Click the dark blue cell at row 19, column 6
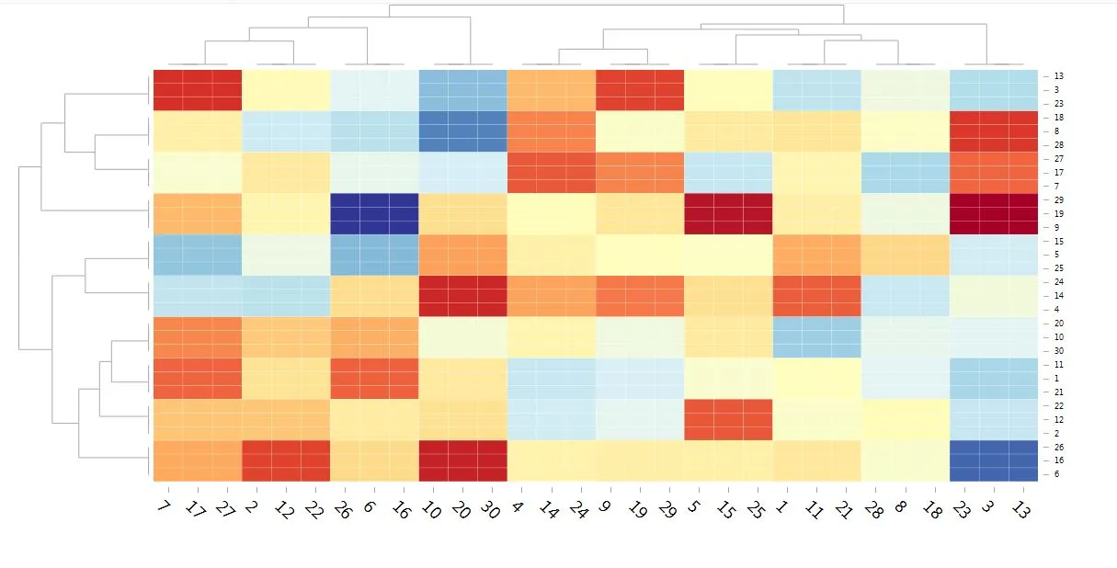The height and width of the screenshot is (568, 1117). coord(374,213)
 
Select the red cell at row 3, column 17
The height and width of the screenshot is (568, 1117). coord(198,90)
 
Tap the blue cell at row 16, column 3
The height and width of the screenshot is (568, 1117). coord(994,460)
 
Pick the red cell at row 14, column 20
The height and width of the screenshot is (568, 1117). coord(463,295)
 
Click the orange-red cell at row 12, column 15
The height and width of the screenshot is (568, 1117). coord(729,419)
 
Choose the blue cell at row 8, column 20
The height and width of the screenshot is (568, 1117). coord(463,131)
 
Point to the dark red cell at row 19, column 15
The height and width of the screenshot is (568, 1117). coord(729,213)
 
